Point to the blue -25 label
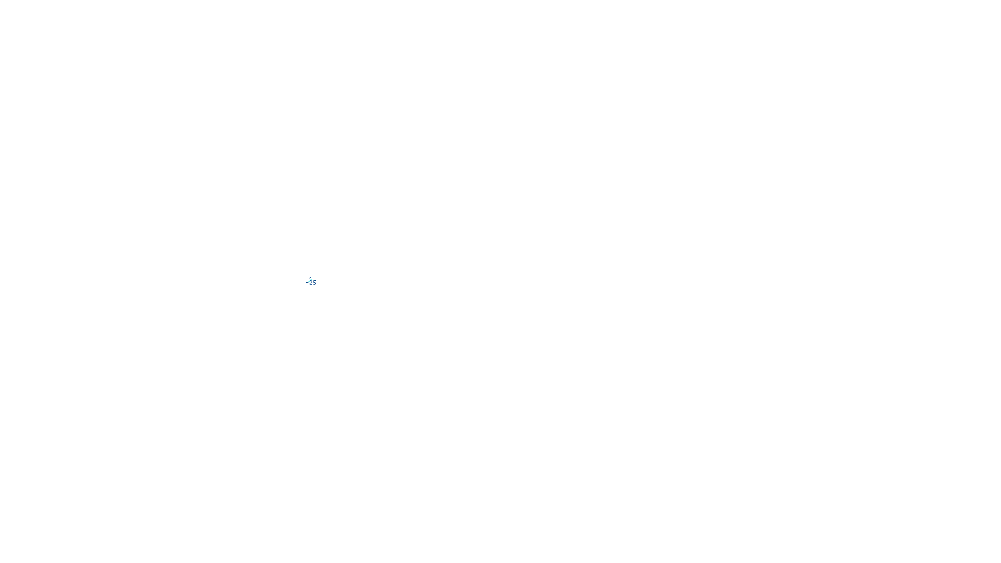[x=312, y=283]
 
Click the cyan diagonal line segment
[x=309, y=280]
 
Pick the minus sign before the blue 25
[x=307, y=283]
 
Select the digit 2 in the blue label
[x=311, y=283]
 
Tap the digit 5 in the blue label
[x=314, y=283]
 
